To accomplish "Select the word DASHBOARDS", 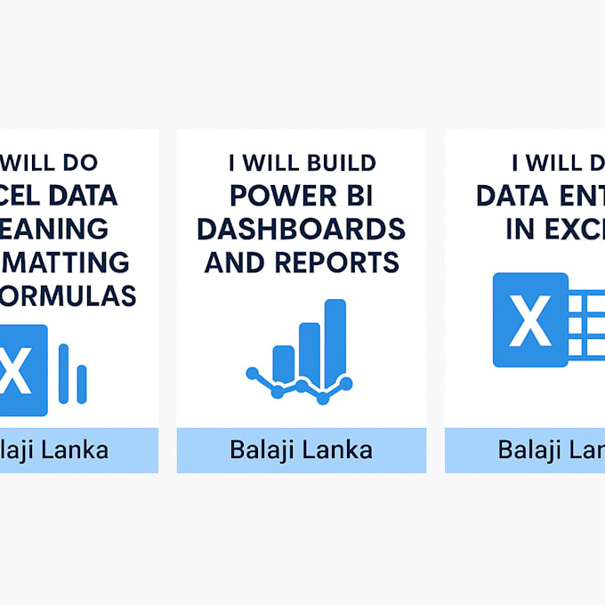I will click(301, 229).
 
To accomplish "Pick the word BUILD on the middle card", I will click(339, 163).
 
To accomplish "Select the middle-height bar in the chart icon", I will click(309, 350).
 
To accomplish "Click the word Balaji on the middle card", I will click(261, 449).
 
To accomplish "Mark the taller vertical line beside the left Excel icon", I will click(63, 373).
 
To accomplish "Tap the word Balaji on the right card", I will click(528, 449).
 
